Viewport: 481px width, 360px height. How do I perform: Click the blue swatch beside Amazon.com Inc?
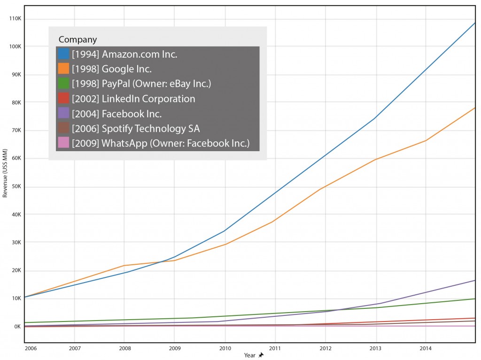(x=64, y=54)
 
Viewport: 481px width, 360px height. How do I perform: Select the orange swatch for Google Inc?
(x=64, y=69)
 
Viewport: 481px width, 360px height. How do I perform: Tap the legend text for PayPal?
(x=141, y=84)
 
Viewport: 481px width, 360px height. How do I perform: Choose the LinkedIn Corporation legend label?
(x=133, y=99)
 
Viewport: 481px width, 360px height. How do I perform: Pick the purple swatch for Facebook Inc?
(x=64, y=114)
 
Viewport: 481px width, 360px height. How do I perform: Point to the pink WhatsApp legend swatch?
(x=64, y=143)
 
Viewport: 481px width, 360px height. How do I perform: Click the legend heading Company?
(x=78, y=39)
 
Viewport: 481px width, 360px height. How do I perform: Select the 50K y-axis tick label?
(x=16, y=187)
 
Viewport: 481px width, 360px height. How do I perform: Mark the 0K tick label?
(x=17, y=327)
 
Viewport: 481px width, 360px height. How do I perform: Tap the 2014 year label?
(x=425, y=349)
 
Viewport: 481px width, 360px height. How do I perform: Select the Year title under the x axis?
(x=249, y=355)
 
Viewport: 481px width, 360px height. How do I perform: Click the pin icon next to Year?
(x=261, y=355)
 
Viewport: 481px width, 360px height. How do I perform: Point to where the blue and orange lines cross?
(x=162, y=262)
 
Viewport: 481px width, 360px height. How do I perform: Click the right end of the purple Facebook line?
(x=475, y=281)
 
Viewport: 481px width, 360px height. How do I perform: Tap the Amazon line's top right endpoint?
(x=475, y=23)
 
